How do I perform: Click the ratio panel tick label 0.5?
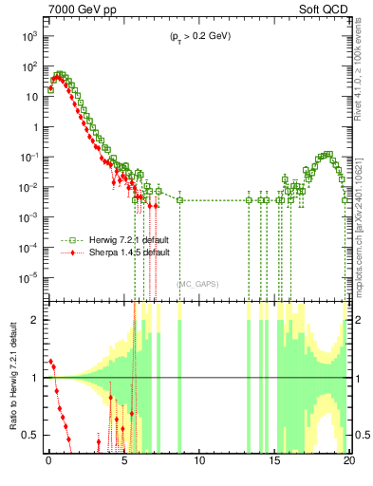coord(33,435)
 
